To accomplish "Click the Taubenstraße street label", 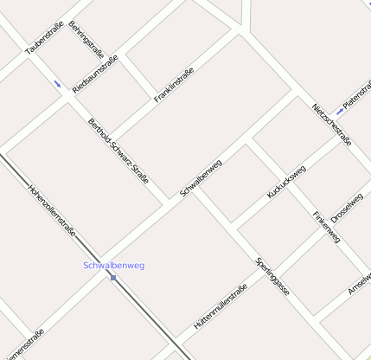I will tap(46, 38).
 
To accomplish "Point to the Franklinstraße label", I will tap(174, 86).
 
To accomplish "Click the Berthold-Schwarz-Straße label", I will tap(118, 151).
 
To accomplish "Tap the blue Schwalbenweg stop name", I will tap(113, 265).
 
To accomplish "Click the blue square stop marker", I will tap(113, 277).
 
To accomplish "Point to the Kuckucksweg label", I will tap(286, 182).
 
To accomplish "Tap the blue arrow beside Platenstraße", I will tap(340, 112).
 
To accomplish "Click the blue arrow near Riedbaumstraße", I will tap(58, 84).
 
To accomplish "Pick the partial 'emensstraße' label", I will tap(23, 344).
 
